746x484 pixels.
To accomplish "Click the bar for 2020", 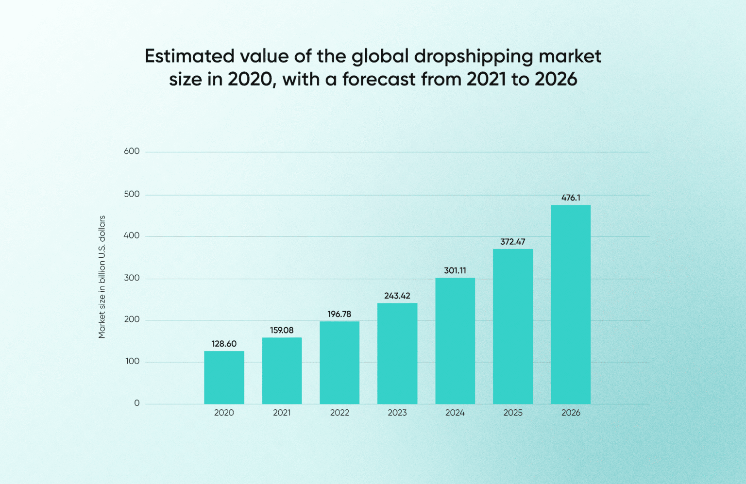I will tap(224, 377).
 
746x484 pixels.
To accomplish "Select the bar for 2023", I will tap(397, 353).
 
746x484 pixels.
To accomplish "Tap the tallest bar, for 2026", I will tap(571, 304).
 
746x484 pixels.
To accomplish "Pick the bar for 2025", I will tap(513, 326).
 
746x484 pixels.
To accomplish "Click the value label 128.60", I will tap(224, 344).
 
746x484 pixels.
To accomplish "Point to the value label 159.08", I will tap(282, 330).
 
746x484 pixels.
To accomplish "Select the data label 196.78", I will tap(339, 314).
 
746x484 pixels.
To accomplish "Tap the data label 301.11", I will tap(455, 270).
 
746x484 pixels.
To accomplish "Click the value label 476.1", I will tap(571, 198).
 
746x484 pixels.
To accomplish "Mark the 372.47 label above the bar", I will tap(513, 242).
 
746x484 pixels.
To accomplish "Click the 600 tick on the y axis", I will tap(132, 151).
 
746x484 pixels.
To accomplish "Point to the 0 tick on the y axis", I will tap(137, 403).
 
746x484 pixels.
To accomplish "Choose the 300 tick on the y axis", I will tap(132, 278).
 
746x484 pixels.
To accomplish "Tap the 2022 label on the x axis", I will tap(339, 413).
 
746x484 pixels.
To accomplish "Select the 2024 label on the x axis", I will tap(455, 413).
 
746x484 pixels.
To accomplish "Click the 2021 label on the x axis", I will tap(282, 413).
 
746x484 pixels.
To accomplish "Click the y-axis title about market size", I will tap(102, 277).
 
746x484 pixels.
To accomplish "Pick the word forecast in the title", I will tap(379, 79).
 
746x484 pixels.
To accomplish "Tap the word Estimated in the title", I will tap(189, 56).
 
